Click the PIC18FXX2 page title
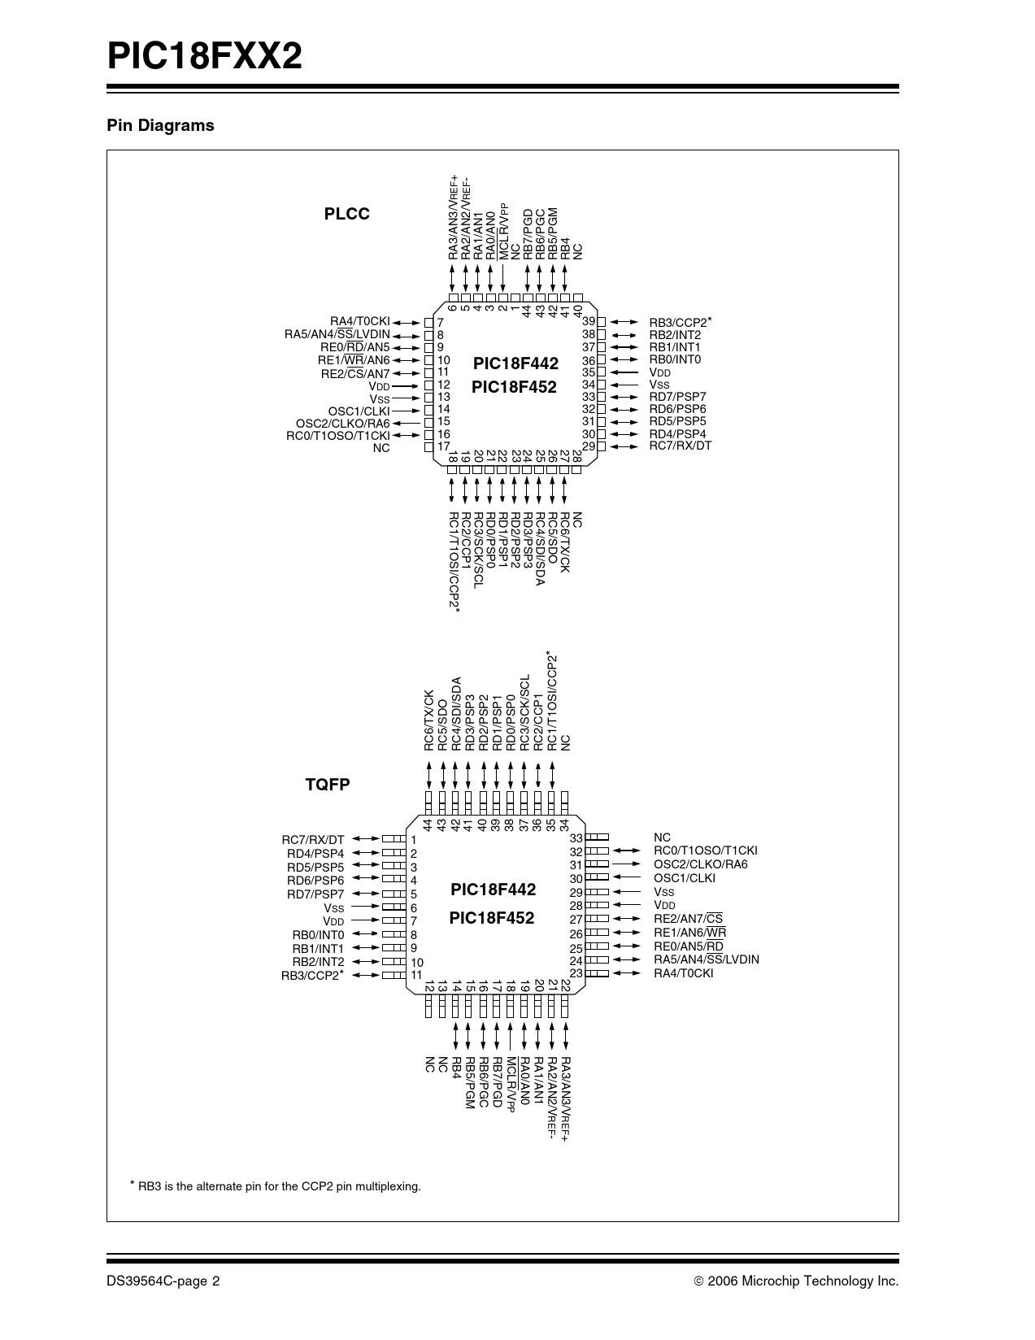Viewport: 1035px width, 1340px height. (205, 57)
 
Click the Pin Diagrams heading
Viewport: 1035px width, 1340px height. (160, 125)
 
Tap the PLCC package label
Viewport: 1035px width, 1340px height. (346, 214)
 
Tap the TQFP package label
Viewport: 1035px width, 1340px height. (328, 785)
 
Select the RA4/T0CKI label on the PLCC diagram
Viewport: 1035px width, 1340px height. (359, 321)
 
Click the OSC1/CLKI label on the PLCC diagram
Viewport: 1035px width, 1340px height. (359, 411)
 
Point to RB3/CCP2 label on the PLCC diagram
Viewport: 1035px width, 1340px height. (679, 322)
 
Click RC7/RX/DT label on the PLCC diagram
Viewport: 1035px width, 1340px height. (680, 446)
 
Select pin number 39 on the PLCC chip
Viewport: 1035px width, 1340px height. (589, 322)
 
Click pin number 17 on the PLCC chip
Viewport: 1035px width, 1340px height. (444, 446)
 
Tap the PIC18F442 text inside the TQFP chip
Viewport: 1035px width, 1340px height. (493, 890)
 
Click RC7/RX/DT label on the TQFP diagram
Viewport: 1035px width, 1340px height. (313, 840)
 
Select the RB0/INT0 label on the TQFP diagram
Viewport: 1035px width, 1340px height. (318, 935)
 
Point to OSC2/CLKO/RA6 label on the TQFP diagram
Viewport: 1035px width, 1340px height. (700, 864)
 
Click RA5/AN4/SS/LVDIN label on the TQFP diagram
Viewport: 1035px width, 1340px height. (706, 959)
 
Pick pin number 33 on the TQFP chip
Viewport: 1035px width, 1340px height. (576, 837)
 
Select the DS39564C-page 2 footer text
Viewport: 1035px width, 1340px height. (163, 1281)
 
